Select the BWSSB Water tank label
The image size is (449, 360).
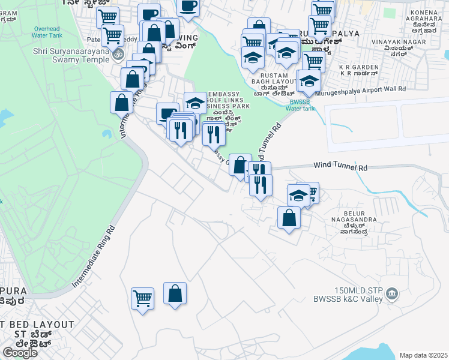coord(300,104)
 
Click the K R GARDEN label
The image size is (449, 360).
coord(359,70)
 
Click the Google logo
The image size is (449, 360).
coord(20,353)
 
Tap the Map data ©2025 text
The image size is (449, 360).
coord(423,355)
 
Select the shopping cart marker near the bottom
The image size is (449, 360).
coord(142,298)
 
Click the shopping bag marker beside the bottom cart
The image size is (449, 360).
coord(175,293)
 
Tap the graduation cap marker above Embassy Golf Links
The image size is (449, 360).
coord(195,103)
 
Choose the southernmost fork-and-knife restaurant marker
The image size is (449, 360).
coord(261,184)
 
